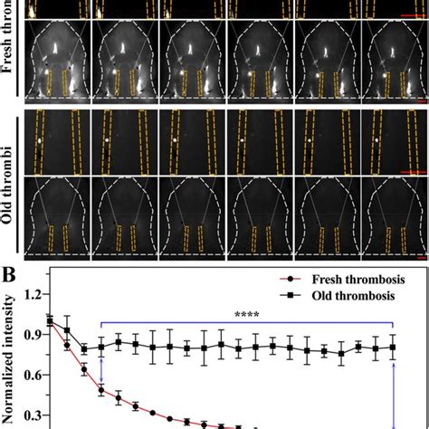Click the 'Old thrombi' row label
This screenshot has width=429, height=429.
(x=12, y=182)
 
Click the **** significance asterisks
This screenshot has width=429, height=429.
(x=245, y=315)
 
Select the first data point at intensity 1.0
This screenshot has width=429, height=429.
(x=50, y=320)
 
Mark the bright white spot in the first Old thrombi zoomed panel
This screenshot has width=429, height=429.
(x=40, y=141)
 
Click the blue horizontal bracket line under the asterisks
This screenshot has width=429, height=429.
(x=245, y=323)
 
